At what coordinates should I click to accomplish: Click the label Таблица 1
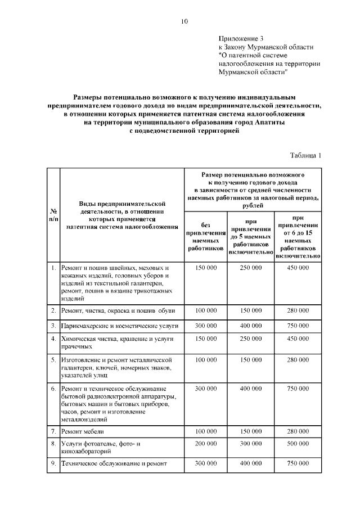tap(305, 156)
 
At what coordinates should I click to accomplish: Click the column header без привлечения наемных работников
tap(205, 236)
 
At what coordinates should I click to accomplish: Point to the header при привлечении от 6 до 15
tap(298, 236)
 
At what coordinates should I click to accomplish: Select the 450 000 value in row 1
tap(298, 268)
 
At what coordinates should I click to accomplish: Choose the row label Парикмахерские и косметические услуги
tap(119, 326)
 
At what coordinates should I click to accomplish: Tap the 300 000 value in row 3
tap(205, 326)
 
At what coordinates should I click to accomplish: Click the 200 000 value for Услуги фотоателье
tap(205, 443)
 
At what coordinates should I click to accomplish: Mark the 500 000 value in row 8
tap(298, 443)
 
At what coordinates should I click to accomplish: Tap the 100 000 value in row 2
tap(205, 310)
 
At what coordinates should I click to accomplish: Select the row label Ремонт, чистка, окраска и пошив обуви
tap(118, 310)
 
